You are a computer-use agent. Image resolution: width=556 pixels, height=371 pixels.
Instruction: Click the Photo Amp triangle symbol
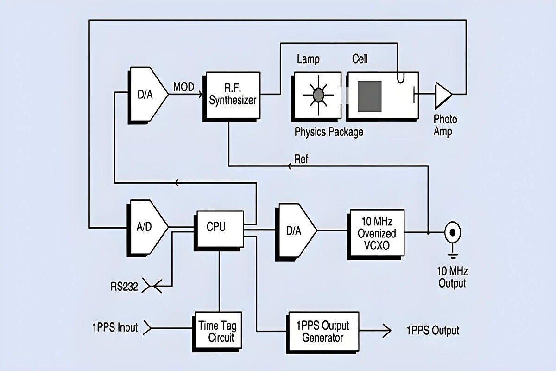pyautogui.click(x=442, y=94)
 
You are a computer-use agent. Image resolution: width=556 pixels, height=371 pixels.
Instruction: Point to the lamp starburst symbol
pyautogui.click(x=318, y=95)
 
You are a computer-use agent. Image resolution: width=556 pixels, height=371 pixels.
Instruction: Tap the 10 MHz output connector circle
pyautogui.click(x=452, y=231)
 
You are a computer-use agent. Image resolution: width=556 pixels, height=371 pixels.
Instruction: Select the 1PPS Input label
pyautogui.click(x=114, y=327)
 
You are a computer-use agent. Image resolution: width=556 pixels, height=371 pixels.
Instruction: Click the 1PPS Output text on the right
pyautogui.click(x=433, y=331)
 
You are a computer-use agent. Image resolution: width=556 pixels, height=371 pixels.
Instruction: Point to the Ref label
pyautogui.click(x=301, y=159)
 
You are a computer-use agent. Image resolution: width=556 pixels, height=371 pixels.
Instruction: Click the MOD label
pyautogui.click(x=184, y=87)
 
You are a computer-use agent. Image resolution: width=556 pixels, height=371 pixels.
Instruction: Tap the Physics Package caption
pyautogui.click(x=329, y=132)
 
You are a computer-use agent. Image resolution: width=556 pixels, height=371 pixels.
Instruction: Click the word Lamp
pyautogui.click(x=308, y=59)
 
